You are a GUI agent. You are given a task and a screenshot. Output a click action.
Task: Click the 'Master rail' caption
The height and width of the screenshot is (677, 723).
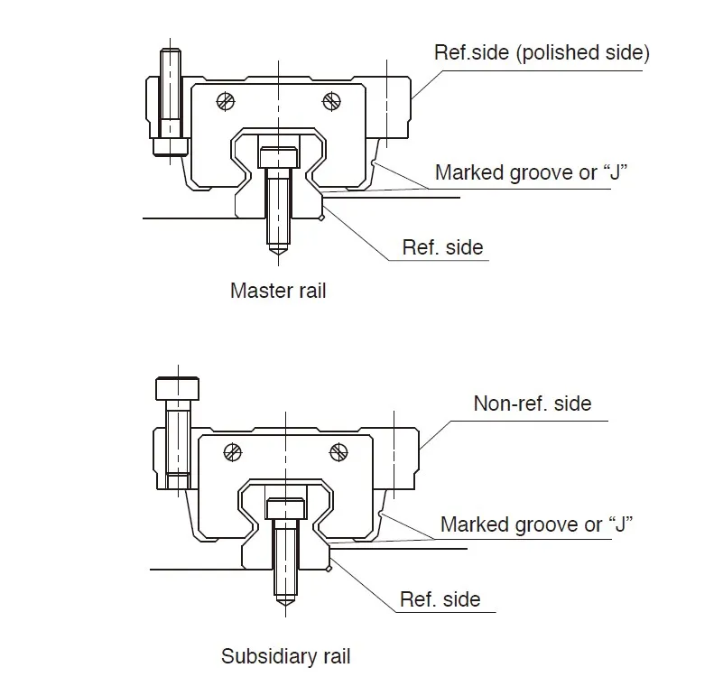click(278, 291)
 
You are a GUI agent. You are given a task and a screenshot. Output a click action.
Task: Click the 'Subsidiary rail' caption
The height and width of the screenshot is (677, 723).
click(286, 656)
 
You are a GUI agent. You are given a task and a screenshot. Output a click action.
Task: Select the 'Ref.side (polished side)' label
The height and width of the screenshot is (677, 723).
click(541, 52)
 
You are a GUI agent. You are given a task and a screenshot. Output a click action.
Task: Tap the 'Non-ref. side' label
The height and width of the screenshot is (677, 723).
click(533, 403)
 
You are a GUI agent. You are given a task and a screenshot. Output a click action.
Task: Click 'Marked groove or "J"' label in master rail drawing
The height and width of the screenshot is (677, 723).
click(532, 172)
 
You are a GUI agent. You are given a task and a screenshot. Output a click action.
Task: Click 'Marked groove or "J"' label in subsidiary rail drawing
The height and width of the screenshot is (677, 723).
click(536, 524)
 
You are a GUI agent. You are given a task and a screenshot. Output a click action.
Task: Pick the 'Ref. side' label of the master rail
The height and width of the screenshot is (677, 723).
click(442, 247)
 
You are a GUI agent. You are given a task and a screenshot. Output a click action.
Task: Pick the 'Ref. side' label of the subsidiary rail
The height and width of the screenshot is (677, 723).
click(440, 599)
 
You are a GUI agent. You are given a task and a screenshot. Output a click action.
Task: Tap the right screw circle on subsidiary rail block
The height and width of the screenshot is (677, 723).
click(339, 450)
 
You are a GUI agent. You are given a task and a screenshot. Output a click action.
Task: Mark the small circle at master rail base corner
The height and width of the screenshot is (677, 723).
click(322, 217)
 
